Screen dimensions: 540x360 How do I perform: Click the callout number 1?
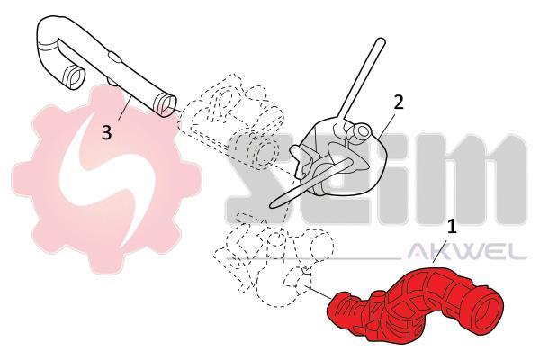[x=452, y=228]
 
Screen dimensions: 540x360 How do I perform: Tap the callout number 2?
[x=398, y=103]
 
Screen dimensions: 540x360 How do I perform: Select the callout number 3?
[x=107, y=132]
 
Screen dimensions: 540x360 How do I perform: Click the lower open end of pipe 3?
[x=166, y=104]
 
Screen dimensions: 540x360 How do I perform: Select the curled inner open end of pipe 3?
[x=75, y=76]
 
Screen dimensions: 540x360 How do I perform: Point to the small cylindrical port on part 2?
[x=361, y=131]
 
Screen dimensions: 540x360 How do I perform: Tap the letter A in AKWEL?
[x=418, y=251]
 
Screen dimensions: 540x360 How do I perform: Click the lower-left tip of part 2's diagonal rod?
[x=272, y=205]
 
